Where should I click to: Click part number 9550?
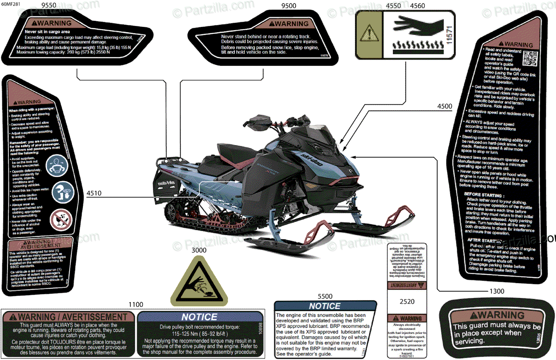coord(49,6)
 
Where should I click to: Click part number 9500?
coord(289,6)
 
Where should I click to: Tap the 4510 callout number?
coord(94,193)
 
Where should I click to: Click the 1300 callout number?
coord(496,291)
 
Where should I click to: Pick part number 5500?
coord(325,296)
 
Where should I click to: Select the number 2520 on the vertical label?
coord(407,301)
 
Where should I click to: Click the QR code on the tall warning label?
coord(530,59)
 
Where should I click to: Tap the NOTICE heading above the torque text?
coord(199,317)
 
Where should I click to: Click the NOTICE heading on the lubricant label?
coord(324,306)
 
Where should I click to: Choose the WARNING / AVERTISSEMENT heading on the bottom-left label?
coord(68,317)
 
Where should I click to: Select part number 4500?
coord(444,106)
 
